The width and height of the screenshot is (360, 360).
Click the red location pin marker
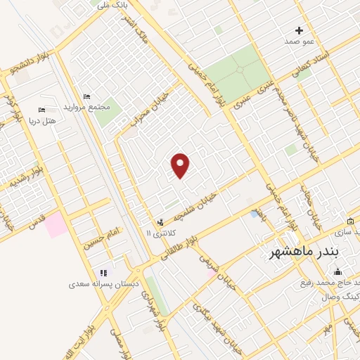click(x=181, y=165)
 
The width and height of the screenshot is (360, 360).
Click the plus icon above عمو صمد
click(x=299, y=30)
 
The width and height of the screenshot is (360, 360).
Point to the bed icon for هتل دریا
click(x=41, y=110)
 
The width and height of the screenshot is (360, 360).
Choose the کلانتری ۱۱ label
click(x=158, y=232)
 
